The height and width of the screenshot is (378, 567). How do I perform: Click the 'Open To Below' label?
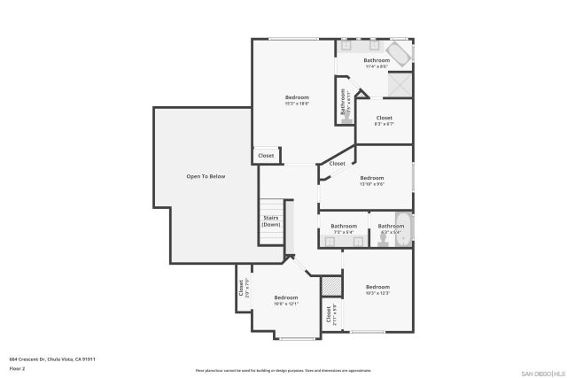206,176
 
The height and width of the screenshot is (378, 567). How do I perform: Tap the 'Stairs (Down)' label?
270,221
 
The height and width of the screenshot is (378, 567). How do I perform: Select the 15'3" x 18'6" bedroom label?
297,100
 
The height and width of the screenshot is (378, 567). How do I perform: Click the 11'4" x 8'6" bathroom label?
377,63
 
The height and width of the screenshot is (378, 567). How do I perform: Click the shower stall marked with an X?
400,85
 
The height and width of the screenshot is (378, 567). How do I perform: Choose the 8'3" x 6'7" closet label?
384,120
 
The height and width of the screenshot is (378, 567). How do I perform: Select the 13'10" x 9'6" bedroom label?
372,181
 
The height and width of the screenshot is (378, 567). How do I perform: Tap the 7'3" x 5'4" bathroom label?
344,228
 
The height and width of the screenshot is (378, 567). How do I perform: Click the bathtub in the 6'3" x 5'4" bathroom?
402,230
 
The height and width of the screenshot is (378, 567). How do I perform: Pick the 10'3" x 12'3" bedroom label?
377,289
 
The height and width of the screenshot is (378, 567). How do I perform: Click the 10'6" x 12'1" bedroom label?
285,300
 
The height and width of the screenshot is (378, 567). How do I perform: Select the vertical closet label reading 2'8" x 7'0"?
243,288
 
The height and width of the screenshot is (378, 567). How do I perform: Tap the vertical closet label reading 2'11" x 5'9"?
330,314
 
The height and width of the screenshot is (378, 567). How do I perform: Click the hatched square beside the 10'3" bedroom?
330,286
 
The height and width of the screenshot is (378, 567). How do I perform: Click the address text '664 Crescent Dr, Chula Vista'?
52,359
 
